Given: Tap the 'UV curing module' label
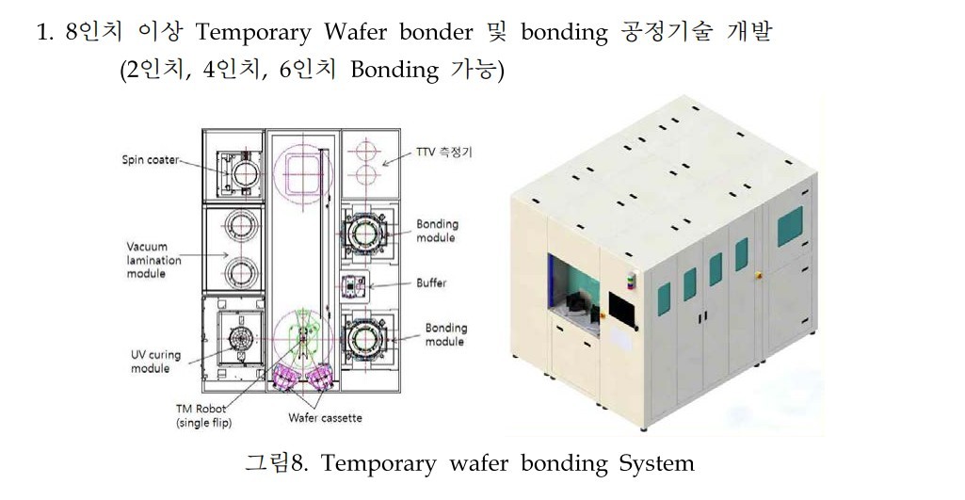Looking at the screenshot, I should click(156, 362).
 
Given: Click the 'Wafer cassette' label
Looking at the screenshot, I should click(325, 417).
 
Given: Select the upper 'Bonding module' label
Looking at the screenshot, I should click(437, 231).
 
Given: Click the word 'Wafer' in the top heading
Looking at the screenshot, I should click(354, 33).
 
